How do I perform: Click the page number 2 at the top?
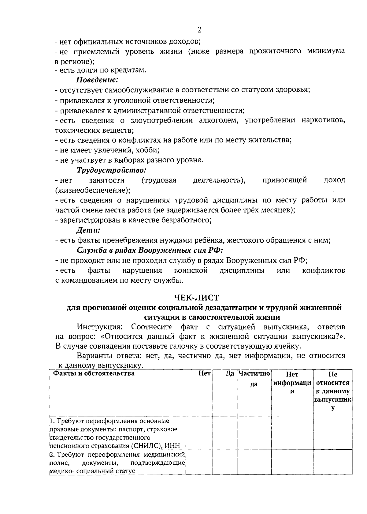point(200,30)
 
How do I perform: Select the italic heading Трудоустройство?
point(111,169)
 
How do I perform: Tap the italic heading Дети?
point(88,230)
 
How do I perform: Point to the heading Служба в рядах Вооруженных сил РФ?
point(150,250)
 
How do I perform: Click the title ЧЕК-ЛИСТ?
point(196,297)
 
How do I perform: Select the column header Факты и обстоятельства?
point(94,373)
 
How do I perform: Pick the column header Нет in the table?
point(204,373)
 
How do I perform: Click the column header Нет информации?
point(292,383)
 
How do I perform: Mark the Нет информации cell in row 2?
point(292,463)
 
